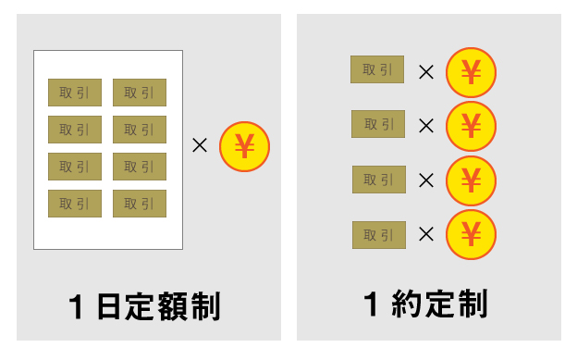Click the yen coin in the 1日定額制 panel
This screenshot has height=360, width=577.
(244, 146)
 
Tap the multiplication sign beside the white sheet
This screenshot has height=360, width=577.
(199, 145)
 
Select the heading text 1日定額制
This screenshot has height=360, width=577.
(146, 306)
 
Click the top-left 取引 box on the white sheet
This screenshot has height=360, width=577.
(75, 93)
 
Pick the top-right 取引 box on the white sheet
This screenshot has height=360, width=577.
(140, 93)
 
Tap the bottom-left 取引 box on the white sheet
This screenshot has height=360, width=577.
(75, 204)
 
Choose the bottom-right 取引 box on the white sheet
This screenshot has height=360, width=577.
(140, 204)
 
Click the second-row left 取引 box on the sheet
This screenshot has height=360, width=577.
(75, 130)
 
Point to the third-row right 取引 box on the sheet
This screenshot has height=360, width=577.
(140, 167)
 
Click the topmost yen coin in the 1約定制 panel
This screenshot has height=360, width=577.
(471, 72)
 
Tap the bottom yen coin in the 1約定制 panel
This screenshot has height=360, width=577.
(471, 235)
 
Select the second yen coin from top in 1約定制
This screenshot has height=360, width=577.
(471, 126)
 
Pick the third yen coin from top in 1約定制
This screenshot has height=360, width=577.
(471, 180)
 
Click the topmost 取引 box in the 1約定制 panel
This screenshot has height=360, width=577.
(377, 69)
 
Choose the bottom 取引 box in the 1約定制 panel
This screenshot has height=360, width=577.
(379, 235)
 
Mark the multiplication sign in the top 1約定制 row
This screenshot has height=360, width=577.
(426, 71)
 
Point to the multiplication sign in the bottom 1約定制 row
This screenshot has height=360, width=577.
(426, 235)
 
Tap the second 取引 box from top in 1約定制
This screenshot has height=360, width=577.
(378, 124)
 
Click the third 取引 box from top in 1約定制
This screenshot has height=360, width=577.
(379, 180)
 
